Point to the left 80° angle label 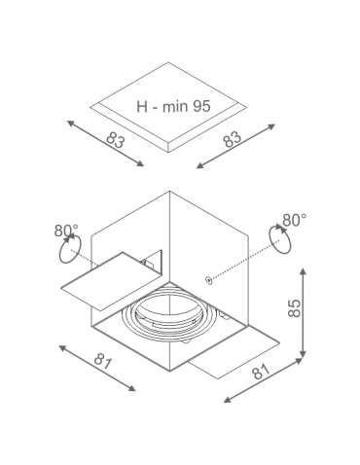66,231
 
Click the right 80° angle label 294,221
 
